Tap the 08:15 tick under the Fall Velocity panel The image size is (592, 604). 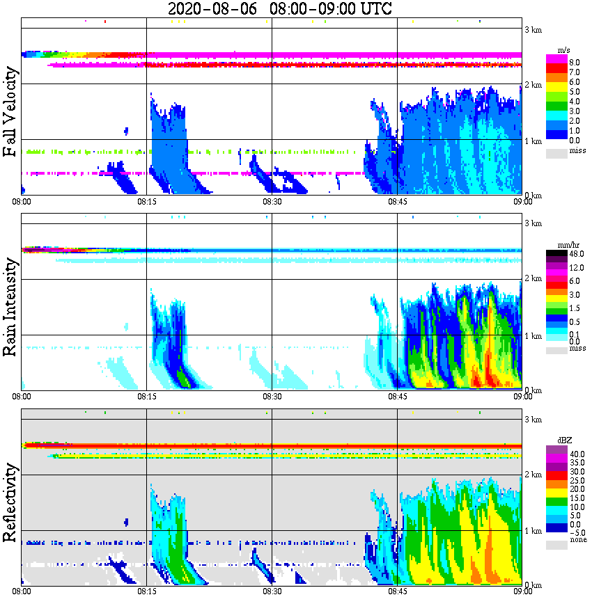[146, 202]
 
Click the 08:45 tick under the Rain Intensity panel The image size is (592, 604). [397, 397]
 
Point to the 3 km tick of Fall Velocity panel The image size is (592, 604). [533, 29]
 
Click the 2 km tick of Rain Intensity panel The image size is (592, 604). [533, 279]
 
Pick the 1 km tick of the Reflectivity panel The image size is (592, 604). [533, 531]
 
